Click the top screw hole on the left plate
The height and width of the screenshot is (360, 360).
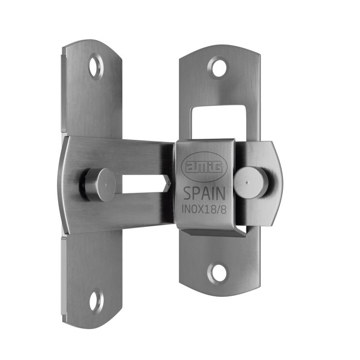click(x=96, y=67)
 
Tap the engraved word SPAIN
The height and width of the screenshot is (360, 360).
click(x=204, y=194)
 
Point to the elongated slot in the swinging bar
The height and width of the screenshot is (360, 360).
click(x=144, y=184)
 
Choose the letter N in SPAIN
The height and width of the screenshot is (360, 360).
click(x=221, y=194)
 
